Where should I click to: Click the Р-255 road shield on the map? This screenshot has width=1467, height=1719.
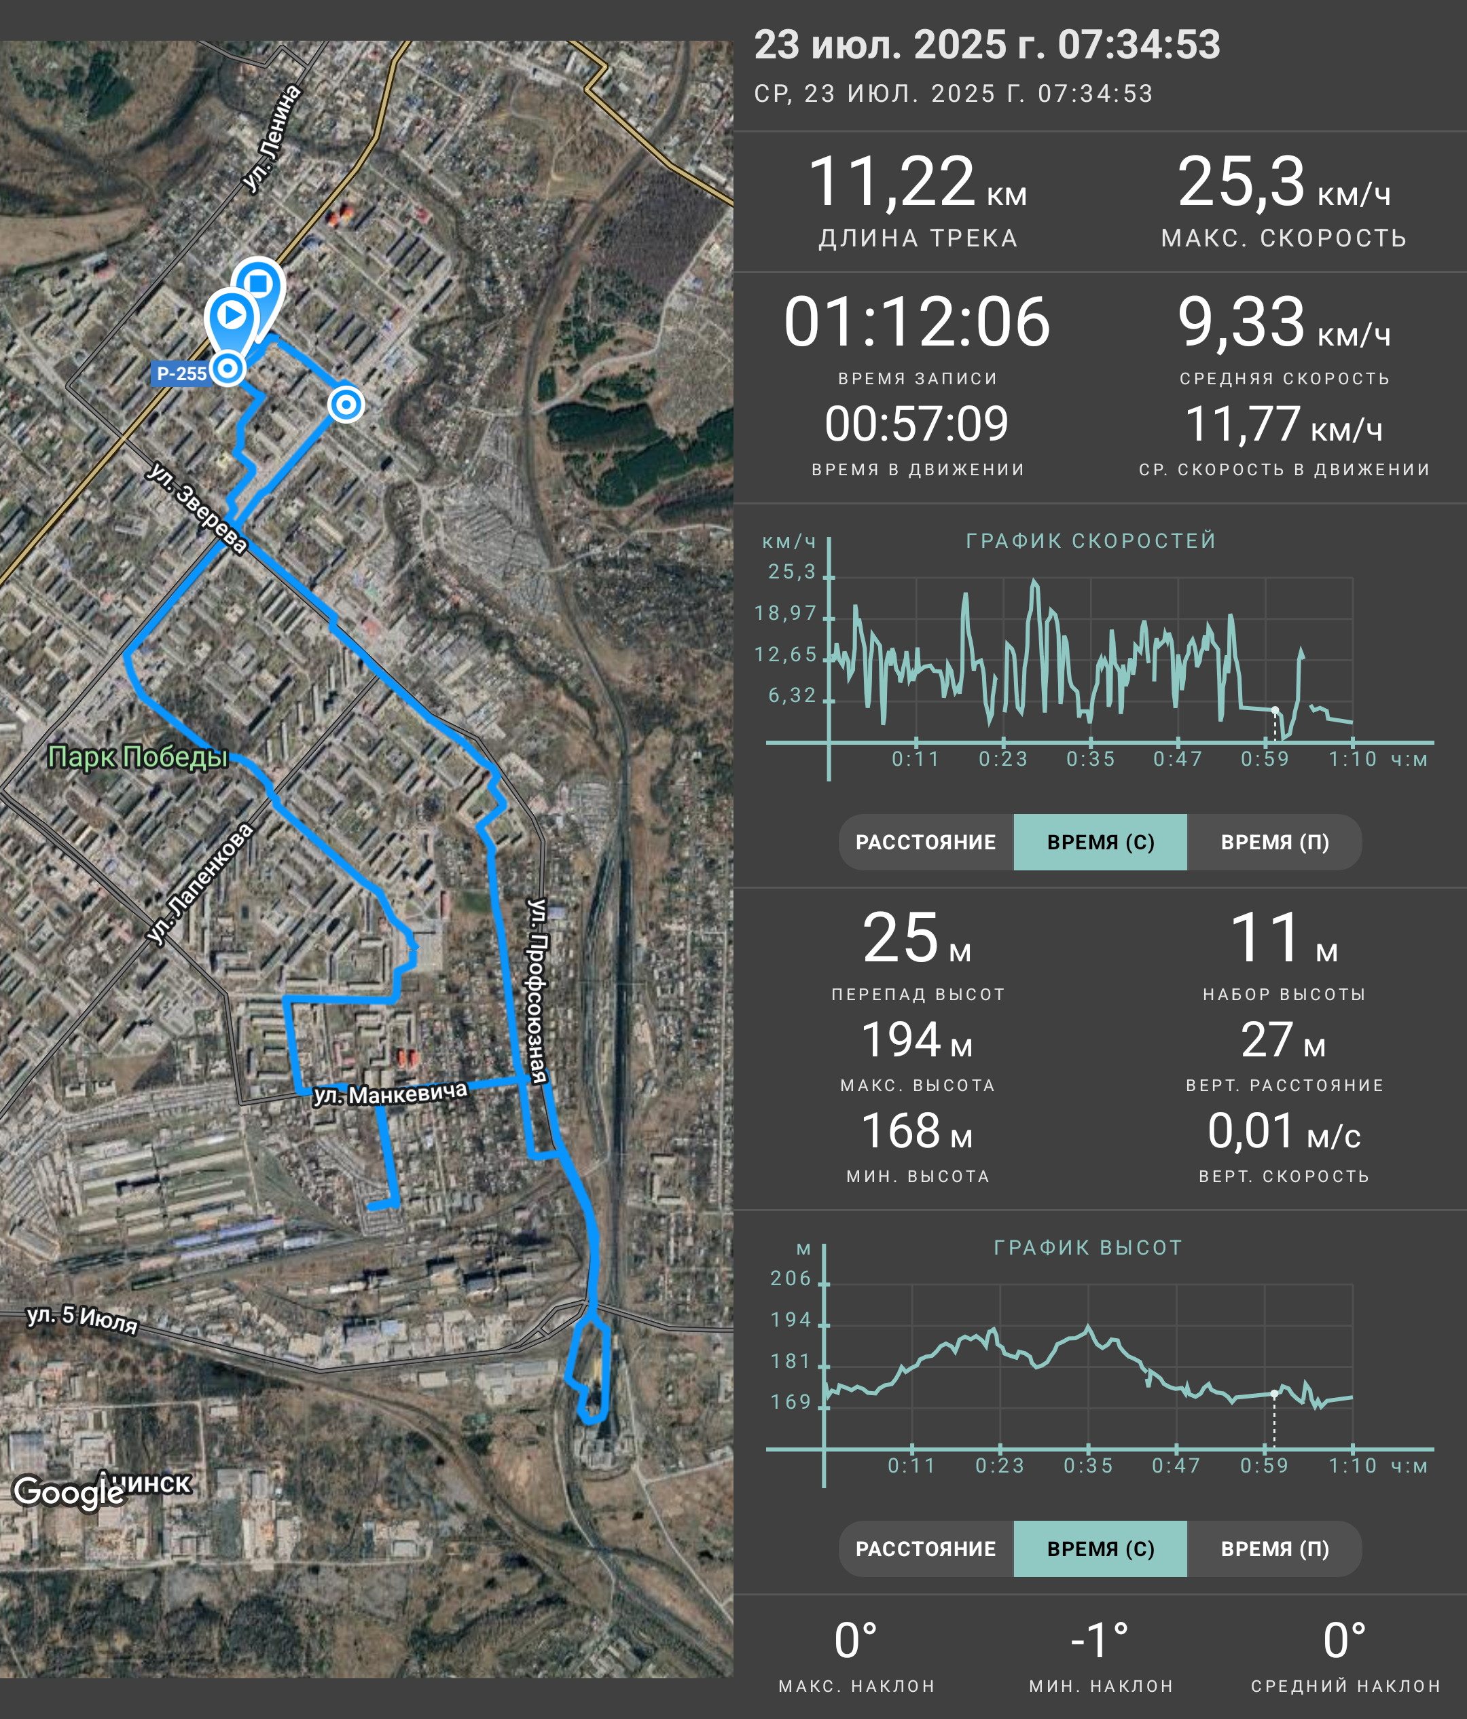click(182, 374)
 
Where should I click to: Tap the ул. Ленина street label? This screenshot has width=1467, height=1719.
click(272, 138)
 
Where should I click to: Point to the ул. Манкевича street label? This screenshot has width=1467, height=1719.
click(390, 1094)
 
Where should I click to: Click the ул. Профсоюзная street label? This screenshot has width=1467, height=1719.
click(538, 991)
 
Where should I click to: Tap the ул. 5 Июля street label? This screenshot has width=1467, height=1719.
click(82, 1318)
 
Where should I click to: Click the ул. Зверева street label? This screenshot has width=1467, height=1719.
click(197, 507)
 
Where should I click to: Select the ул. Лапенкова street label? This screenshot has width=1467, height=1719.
click(199, 883)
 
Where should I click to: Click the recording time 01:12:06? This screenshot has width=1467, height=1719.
click(917, 322)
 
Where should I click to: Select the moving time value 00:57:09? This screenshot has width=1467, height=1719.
click(917, 424)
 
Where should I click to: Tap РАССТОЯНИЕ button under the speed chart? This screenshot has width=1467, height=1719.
click(926, 842)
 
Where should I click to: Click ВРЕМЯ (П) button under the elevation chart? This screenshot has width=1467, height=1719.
click(1275, 1549)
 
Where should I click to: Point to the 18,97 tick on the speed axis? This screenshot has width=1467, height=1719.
click(785, 613)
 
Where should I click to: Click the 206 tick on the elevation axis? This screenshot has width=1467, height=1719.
click(791, 1278)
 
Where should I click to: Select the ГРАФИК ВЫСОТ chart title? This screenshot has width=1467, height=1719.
click(1088, 1248)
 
